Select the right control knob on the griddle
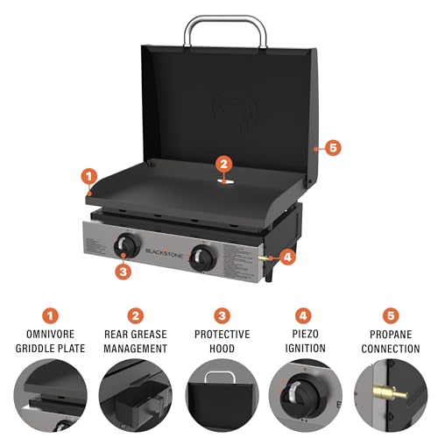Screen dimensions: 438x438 tap(205, 257)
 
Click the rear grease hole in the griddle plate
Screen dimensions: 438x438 tap(224, 180)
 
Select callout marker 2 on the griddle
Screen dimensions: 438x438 tap(224, 162)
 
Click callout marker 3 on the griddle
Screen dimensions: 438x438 tap(123, 271)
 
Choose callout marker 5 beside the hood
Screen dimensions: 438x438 tap(332, 146)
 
